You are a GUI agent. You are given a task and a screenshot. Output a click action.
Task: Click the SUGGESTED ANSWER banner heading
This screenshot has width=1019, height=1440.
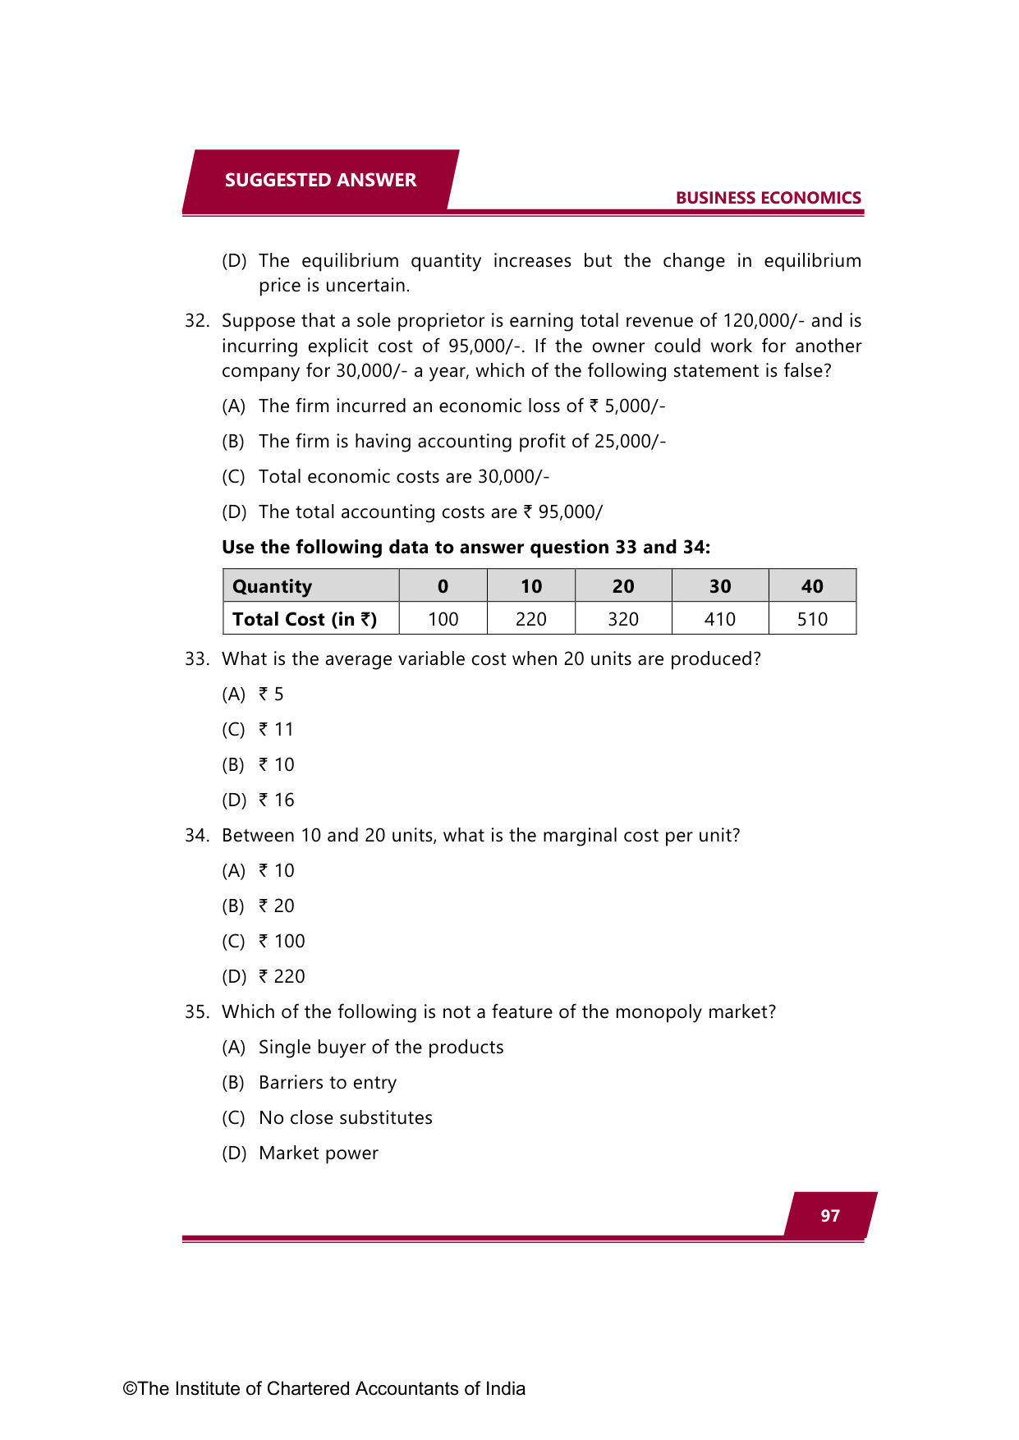tap(320, 180)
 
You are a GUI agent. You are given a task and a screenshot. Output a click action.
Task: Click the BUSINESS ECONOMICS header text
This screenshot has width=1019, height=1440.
tap(768, 198)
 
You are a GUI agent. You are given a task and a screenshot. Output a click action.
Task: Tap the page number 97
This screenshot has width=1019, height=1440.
tap(830, 1216)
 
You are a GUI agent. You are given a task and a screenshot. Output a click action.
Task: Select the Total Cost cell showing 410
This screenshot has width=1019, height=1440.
tap(719, 619)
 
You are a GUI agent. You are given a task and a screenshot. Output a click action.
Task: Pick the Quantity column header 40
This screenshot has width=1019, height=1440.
tap(811, 586)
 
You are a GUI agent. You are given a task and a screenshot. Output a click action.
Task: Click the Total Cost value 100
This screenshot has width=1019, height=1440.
tap(443, 619)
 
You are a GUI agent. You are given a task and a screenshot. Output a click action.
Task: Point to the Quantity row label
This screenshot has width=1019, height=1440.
tap(273, 586)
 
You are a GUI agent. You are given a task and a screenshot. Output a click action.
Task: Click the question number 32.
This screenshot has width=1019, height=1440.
tap(196, 321)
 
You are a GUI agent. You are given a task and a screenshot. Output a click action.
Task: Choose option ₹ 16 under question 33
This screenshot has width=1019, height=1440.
tap(276, 800)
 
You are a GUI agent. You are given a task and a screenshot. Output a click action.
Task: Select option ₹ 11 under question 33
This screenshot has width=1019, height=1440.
tap(276, 729)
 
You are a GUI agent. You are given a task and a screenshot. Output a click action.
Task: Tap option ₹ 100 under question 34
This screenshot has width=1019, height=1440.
tap(282, 941)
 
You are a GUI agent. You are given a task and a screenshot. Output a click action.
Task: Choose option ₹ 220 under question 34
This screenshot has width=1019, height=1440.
tap(282, 976)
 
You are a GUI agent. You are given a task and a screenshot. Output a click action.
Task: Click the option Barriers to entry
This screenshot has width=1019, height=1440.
tap(327, 1082)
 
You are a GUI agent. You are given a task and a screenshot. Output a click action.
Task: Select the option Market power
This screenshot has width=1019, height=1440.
tap(318, 1153)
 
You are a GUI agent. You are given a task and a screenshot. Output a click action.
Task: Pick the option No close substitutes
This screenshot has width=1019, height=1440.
tap(345, 1117)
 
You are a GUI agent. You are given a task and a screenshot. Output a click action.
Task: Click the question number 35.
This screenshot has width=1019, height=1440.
tap(196, 1012)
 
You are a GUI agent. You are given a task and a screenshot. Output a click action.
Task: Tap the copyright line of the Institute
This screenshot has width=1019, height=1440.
tap(324, 1388)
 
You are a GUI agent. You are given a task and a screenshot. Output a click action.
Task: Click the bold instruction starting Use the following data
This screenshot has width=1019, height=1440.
tap(466, 547)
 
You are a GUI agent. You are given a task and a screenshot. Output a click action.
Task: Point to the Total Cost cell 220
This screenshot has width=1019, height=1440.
tap(530, 619)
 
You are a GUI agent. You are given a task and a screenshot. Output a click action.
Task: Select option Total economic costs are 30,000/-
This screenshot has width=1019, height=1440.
tap(403, 476)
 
